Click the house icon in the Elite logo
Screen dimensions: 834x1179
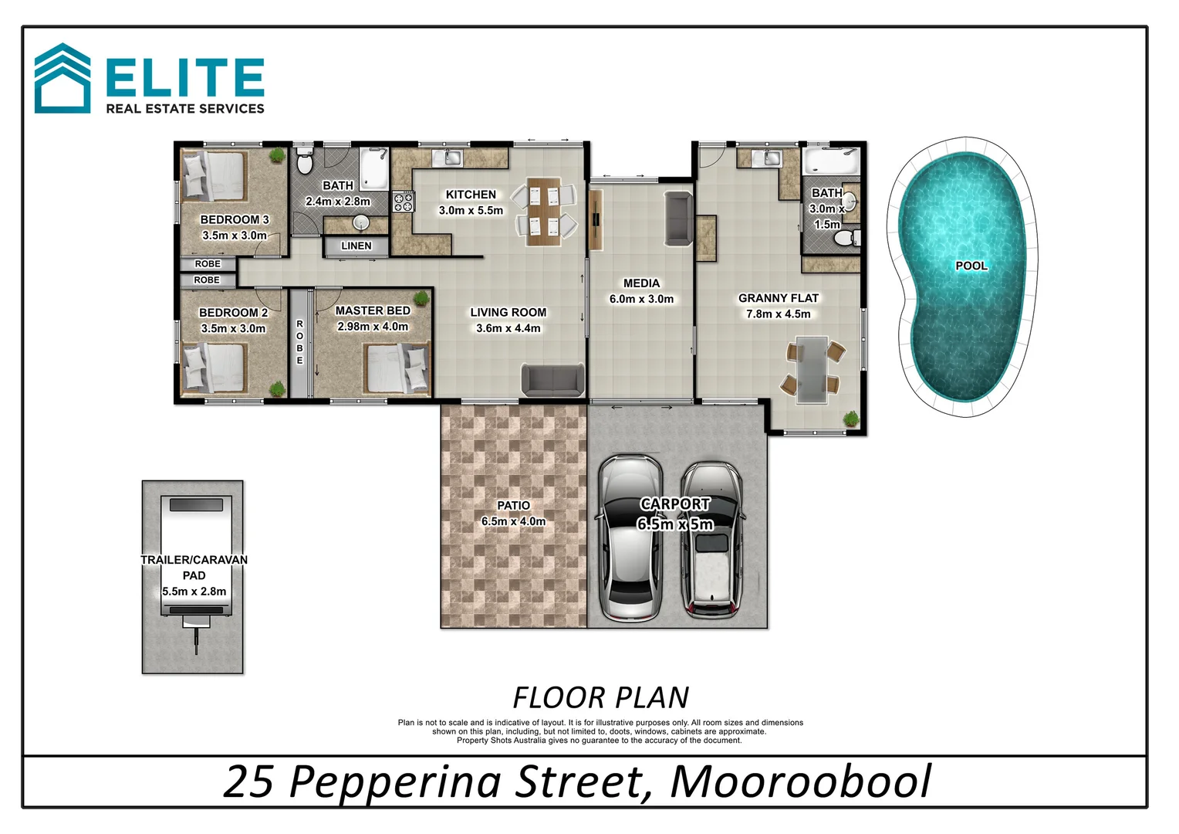pyautogui.click(x=62, y=80)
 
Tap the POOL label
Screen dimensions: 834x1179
pyautogui.click(x=971, y=266)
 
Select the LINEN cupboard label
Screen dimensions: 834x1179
pyautogui.click(x=356, y=246)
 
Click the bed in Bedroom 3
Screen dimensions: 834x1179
pyautogui.click(x=215, y=176)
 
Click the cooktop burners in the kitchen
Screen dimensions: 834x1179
pyautogui.click(x=403, y=202)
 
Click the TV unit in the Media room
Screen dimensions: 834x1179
pyautogui.click(x=596, y=220)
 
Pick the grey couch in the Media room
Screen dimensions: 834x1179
pyautogui.click(x=678, y=219)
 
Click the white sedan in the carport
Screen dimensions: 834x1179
pyautogui.click(x=630, y=537)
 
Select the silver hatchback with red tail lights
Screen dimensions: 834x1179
pyautogui.click(x=711, y=539)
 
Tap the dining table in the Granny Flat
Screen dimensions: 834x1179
pyautogui.click(x=812, y=368)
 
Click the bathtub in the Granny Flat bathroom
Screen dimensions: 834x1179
pyautogui.click(x=830, y=162)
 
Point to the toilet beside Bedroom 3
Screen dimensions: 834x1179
pyautogui.click(x=305, y=161)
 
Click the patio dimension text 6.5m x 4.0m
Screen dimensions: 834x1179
pyautogui.click(x=513, y=521)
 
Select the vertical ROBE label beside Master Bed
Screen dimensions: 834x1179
pyautogui.click(x=299, y=342)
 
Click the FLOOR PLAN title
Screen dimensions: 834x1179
pyautogui.click(x=600, y=697)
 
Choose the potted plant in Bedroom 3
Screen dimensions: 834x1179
pyautogui.click(x=277, y=155)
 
